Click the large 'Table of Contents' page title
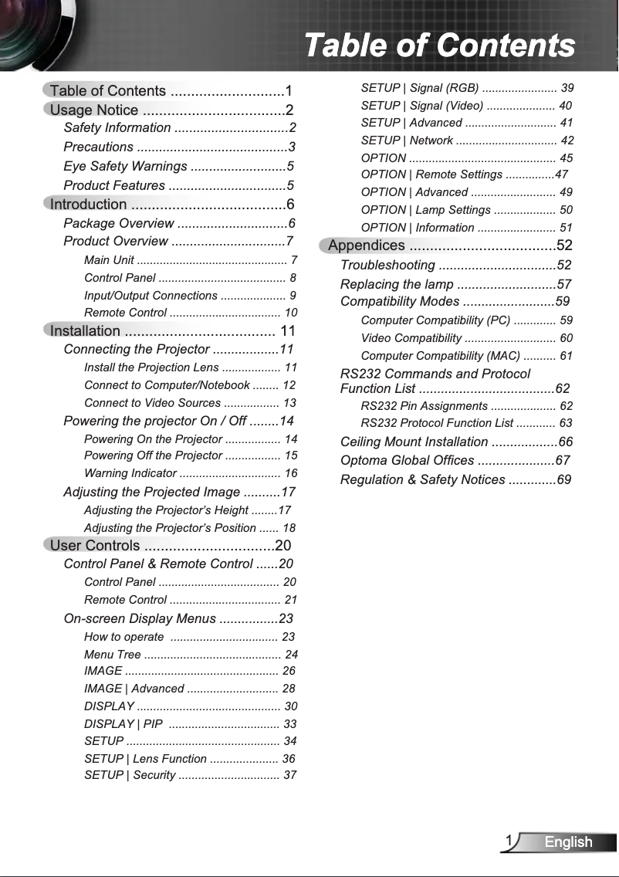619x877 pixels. pos(439,45)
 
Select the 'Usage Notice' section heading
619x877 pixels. pos(94,110)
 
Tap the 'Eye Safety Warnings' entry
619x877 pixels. pos(125,166)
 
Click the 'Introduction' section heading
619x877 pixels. pos(88,205)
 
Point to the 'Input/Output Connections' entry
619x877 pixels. pos(151,296)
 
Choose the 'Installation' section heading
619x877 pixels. pos(85,331)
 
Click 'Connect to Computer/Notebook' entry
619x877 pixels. pos(167,385)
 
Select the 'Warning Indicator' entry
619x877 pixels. pos(130,473)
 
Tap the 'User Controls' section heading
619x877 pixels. pos(95,546)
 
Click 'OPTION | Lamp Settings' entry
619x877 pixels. pos(425,210)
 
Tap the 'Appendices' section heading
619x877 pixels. pos(367,245)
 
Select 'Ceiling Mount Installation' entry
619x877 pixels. pos(414,442)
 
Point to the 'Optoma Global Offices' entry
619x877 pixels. pos(407,461)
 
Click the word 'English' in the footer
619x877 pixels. pos(568,842)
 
